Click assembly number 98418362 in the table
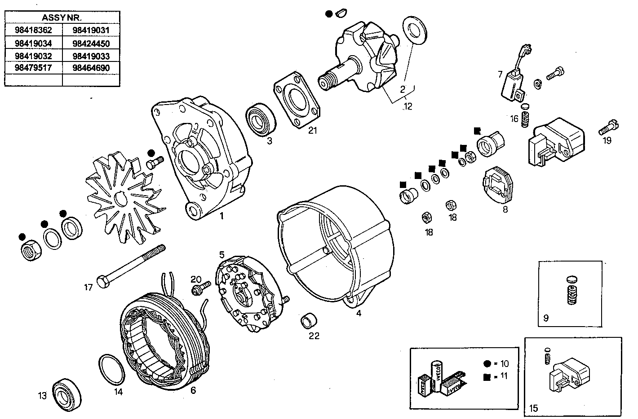[x=33, y=31]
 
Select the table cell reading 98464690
[x=91, y=68]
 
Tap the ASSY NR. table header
[x=62, y=18]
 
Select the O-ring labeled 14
[x=111, y=369]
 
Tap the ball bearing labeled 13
[x=68, y=393]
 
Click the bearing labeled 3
[x=260, y=119]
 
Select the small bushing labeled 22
[x=309, y=321]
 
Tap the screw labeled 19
[x=608, y=127]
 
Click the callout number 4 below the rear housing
[x=359, y=314]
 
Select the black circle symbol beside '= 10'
[x=487, y=364]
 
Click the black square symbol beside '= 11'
[x=487, y=377]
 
